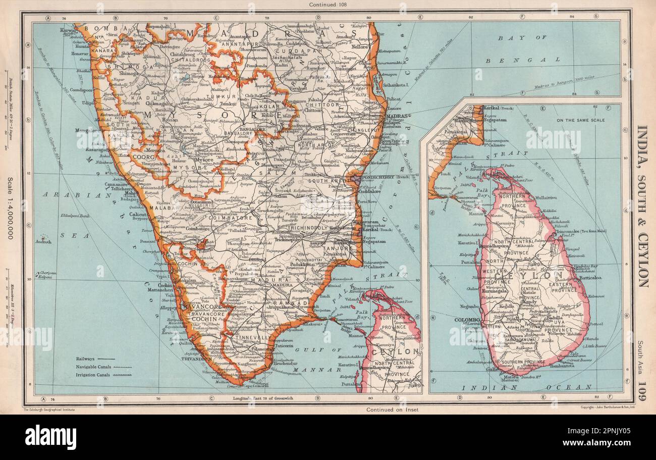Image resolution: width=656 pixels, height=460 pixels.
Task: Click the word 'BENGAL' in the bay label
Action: [536, 60]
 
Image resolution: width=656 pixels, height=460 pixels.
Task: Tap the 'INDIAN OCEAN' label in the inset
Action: [525, 387]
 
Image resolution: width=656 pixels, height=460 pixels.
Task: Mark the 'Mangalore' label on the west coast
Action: [89, 130]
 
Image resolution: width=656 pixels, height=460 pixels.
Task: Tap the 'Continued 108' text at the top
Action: [327, 5]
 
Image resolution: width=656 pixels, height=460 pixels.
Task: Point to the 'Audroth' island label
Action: [42, 242]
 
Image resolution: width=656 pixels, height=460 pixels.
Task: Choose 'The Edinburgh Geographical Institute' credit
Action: [49, 406]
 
